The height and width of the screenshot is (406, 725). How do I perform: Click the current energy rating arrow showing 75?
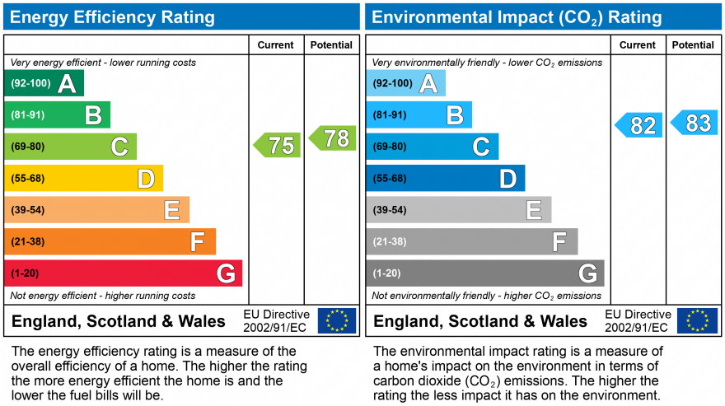point(277,145)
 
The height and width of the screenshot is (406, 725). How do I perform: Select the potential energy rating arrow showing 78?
point(333,138)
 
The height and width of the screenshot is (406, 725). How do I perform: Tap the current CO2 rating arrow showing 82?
point(639,125)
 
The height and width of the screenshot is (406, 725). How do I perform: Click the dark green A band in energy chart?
point(44,83)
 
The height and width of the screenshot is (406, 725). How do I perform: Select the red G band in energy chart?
point(124,273)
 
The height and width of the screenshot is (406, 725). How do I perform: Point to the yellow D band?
point(83,178)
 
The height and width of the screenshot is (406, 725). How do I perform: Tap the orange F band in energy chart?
point(110,241)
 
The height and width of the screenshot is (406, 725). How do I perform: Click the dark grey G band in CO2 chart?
point(485,273)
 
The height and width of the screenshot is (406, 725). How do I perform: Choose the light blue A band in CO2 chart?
point(405,83)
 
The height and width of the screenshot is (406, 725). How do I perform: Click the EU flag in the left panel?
point(337,320)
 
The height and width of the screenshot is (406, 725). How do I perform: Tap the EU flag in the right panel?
point(697,320)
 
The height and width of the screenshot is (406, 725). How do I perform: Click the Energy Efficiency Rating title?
point(113,17)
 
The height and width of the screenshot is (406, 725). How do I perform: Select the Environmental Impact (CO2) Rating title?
point(517,17)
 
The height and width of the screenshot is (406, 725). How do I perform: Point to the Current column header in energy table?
point(276,45)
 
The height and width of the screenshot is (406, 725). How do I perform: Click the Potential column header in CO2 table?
point(693,45)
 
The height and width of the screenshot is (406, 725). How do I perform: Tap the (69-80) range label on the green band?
point(27,147)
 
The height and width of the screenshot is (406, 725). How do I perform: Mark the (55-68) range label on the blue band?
point(389,178)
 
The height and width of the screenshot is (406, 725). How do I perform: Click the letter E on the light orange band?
point(171,211)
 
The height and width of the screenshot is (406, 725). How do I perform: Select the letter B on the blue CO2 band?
point(454,115)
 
